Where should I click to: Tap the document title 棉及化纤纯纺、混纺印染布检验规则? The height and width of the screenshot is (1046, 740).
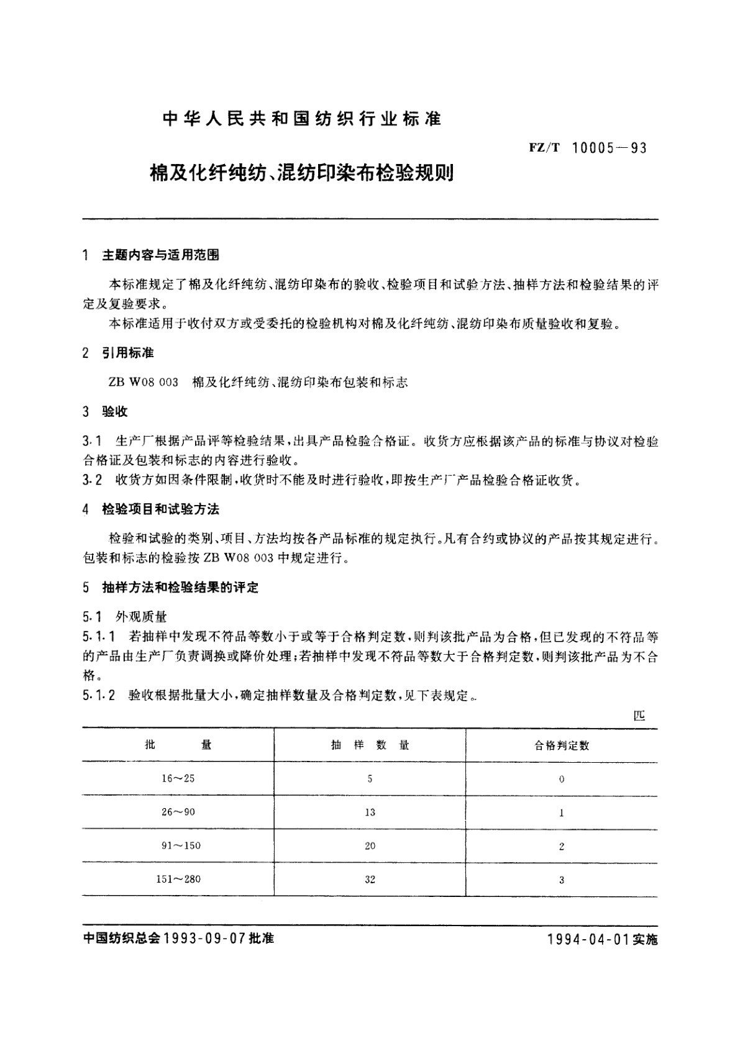(x=301, y=173)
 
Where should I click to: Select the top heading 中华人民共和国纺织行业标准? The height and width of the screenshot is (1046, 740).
(x=301, y=119)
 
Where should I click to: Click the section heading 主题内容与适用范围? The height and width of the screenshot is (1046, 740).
(x=160, y=255)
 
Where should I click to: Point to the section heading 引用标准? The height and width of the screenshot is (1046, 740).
(x=128, y=353)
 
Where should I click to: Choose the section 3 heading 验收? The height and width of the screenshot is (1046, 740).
(x=115, y=412)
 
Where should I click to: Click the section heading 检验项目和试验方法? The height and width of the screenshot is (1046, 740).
(x=160, y=509)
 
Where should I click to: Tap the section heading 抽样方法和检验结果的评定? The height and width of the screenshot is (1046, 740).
(x=180, y=588)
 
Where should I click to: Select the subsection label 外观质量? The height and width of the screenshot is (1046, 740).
(x=141, y=617)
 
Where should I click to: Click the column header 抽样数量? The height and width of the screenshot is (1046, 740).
(x=370, y=745)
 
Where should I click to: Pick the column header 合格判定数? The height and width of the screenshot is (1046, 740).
(x=562, y=745)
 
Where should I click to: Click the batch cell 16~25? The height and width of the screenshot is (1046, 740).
(x=178, y=778)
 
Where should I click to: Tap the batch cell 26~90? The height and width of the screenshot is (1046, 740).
(x=178, y=812)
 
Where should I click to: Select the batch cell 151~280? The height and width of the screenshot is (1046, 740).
(x=178, y=879)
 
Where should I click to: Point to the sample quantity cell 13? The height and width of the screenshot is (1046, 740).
(x=370, y=812)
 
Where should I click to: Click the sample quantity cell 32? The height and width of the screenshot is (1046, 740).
(x=370, y=879)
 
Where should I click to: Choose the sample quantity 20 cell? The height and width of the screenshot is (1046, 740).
(x=370, y=845)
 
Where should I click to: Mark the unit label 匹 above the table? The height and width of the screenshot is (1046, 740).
(x=639, y=716)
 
